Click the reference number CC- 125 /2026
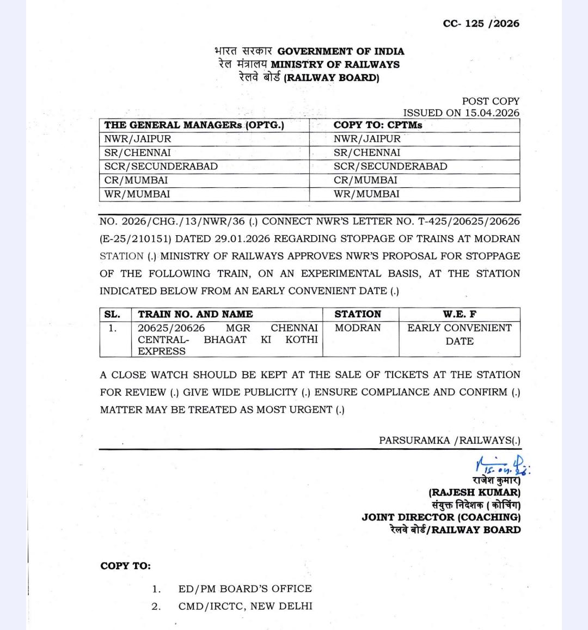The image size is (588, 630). click(481, 23)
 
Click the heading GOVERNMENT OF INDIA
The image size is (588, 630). click(341, 52)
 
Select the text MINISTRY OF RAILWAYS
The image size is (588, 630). click(335, 64)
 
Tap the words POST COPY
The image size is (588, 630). click(491, 101)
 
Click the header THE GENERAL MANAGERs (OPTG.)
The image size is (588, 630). click(194, 125)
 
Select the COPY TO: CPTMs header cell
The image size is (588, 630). click(378, 125)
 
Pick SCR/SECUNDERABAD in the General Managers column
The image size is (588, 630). click(161, 167)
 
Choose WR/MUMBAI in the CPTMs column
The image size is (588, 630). click(366, 194)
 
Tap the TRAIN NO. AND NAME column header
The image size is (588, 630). click(195, 314)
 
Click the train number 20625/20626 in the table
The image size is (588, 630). click(171, 328)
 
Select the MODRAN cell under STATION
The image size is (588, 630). click(358, 328)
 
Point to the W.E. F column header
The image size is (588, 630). click(460, 314)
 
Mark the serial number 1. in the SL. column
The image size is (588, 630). click(112, 328)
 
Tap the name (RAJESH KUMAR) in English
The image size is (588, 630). click(474, 493)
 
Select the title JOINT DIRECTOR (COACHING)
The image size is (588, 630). click(441, 517)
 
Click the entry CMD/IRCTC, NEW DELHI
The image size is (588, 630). click(245, 606)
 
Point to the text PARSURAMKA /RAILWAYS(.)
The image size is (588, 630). click(450, 441)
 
